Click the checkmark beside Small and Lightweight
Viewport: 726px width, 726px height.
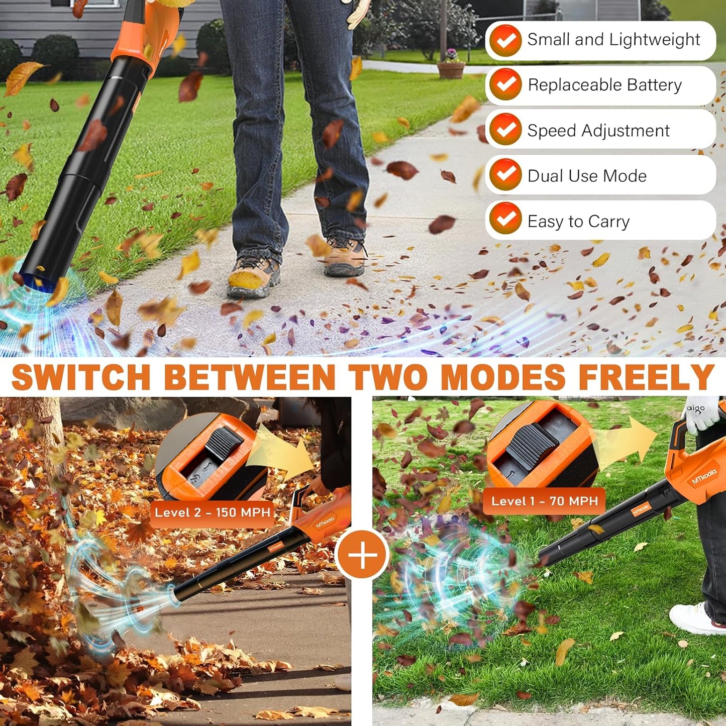505,40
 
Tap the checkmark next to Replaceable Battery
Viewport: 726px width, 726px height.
505,85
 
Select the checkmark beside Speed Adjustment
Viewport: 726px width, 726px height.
505,130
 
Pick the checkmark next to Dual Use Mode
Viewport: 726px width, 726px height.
505,175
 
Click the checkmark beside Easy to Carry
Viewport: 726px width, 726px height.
505,219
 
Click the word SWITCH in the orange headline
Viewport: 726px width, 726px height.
81,377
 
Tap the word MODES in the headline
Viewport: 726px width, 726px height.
502,377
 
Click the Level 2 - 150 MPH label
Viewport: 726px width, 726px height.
212,513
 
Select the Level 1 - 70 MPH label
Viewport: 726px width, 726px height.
544,501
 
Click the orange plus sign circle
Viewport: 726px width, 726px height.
362,555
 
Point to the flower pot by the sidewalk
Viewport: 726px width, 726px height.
451,68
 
